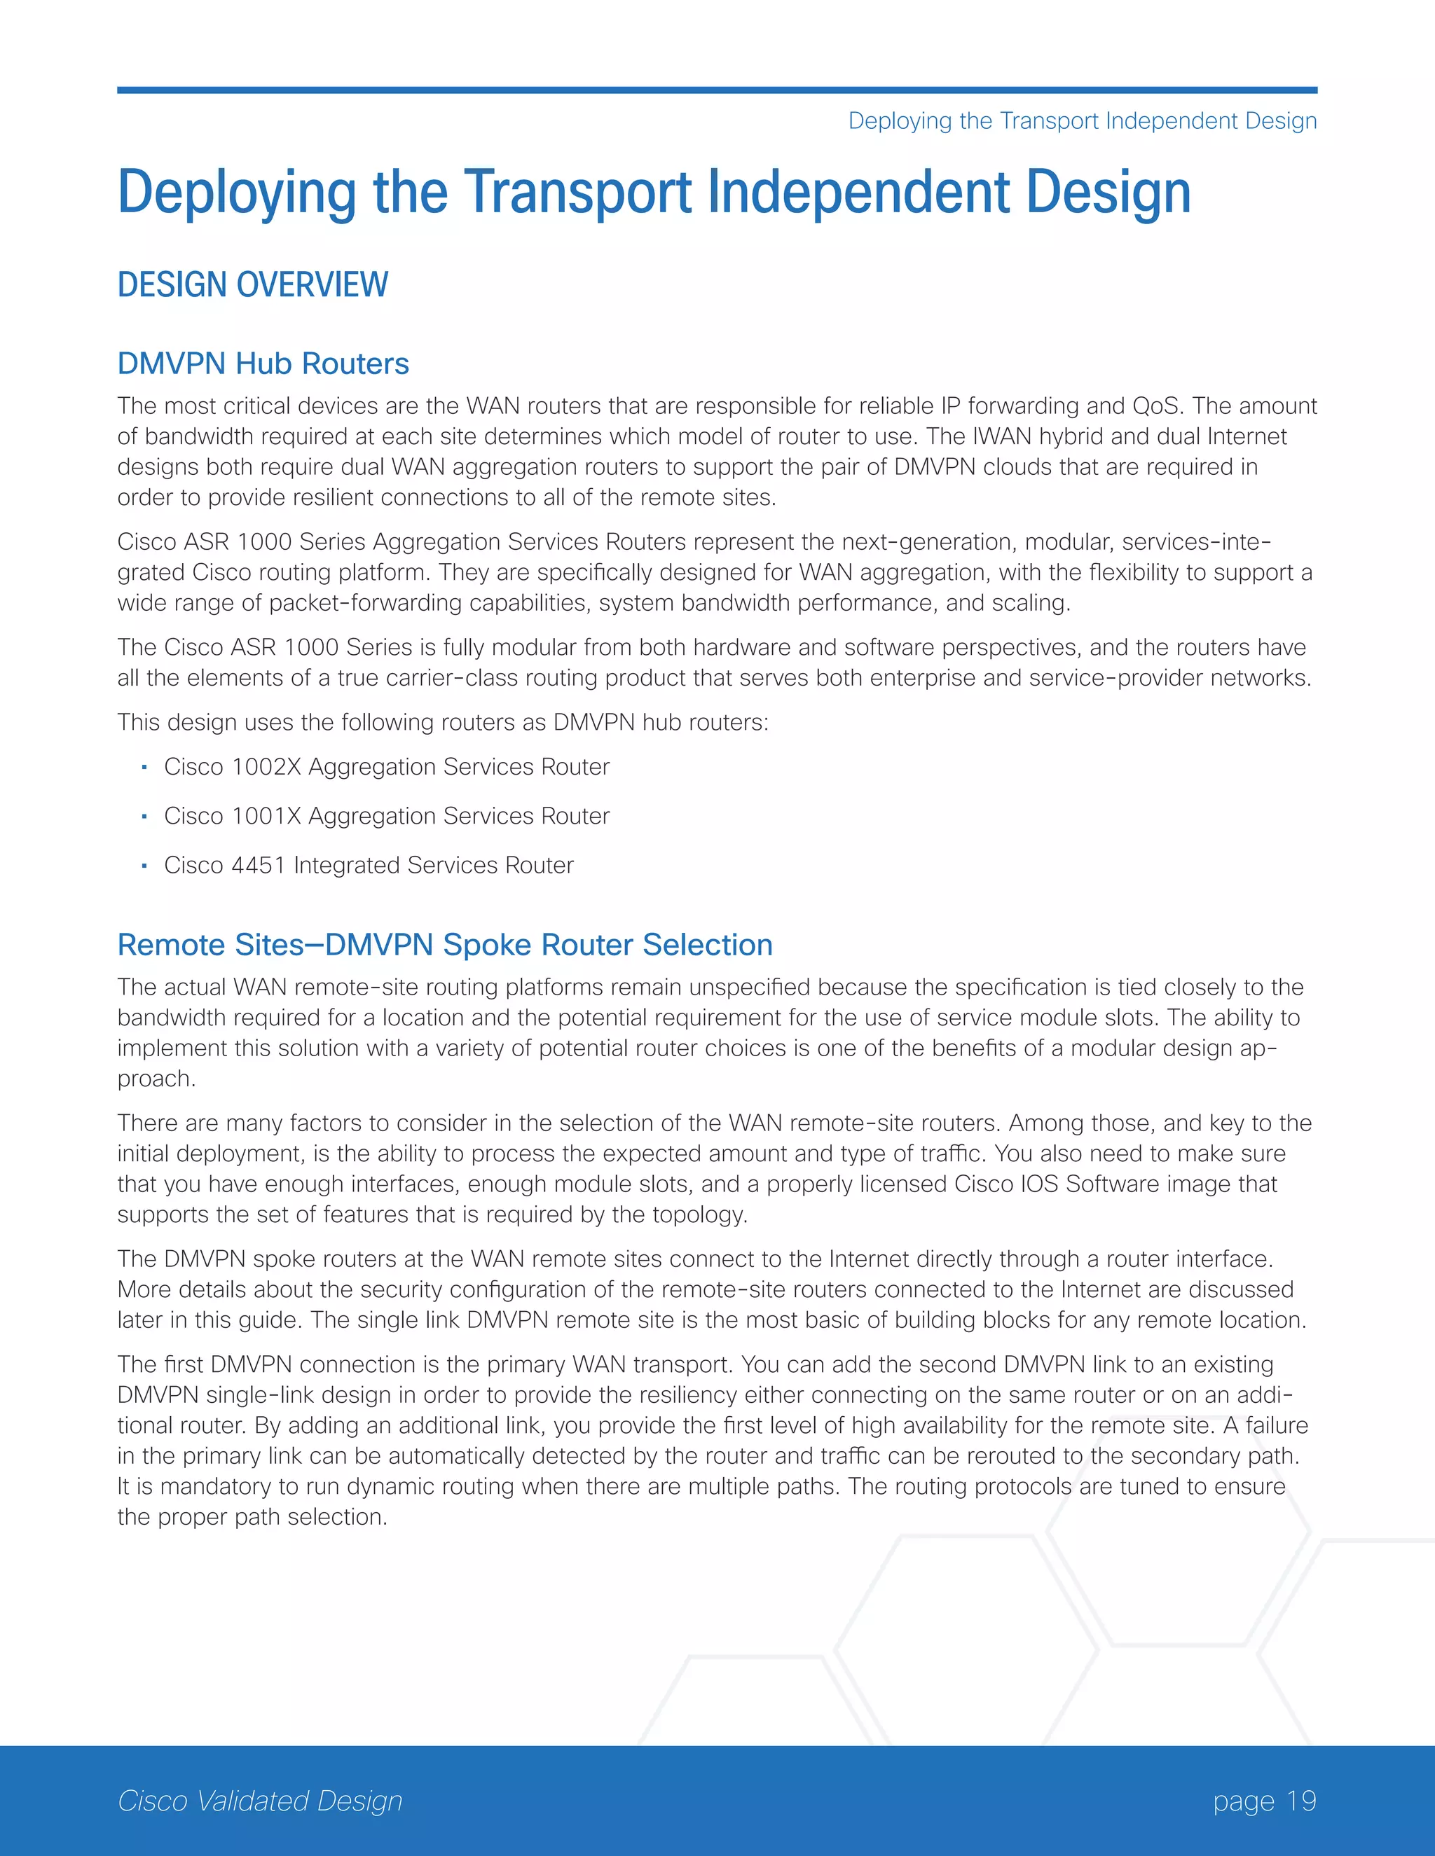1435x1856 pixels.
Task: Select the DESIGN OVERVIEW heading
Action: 252,284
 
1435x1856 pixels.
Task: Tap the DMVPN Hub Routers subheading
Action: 263,363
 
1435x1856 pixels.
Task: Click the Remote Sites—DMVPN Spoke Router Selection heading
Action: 445,945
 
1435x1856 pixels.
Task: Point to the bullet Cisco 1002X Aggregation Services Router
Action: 386,766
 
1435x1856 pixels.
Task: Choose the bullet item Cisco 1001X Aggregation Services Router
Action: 386,816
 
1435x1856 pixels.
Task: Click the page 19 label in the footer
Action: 1264,1800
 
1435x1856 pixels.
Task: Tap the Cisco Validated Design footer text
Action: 259,1800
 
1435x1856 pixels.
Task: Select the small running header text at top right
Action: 1082,120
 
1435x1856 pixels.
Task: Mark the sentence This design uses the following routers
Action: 442,722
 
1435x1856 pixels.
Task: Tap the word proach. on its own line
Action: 156,1079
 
